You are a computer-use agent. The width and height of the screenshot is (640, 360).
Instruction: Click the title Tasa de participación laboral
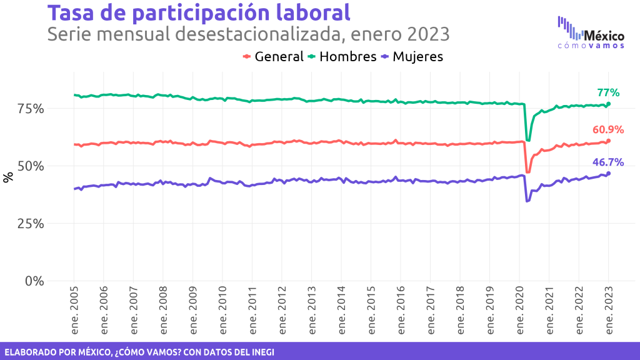click(199, 12)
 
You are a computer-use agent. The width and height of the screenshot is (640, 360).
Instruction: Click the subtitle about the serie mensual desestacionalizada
click(248, 33)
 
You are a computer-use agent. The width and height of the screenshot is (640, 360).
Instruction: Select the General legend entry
click(273, 56)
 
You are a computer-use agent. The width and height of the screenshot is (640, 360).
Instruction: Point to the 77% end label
click(607, 93)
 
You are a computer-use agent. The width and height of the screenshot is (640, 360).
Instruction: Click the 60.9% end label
click(608, 130)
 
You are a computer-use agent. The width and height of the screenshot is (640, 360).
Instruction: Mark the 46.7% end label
click(608, 162)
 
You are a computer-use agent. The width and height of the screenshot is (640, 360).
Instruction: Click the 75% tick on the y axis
click(31, 109)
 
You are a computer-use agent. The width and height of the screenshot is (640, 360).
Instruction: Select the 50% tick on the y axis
click(31, 166)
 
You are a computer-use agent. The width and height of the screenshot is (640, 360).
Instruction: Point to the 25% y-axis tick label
click(31, 224)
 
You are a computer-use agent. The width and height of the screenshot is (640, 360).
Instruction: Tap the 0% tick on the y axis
click(34, 281)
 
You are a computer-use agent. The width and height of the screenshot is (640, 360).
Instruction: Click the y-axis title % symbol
click(8, 177)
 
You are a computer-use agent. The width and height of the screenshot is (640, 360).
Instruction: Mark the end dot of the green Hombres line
click(609, 104)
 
